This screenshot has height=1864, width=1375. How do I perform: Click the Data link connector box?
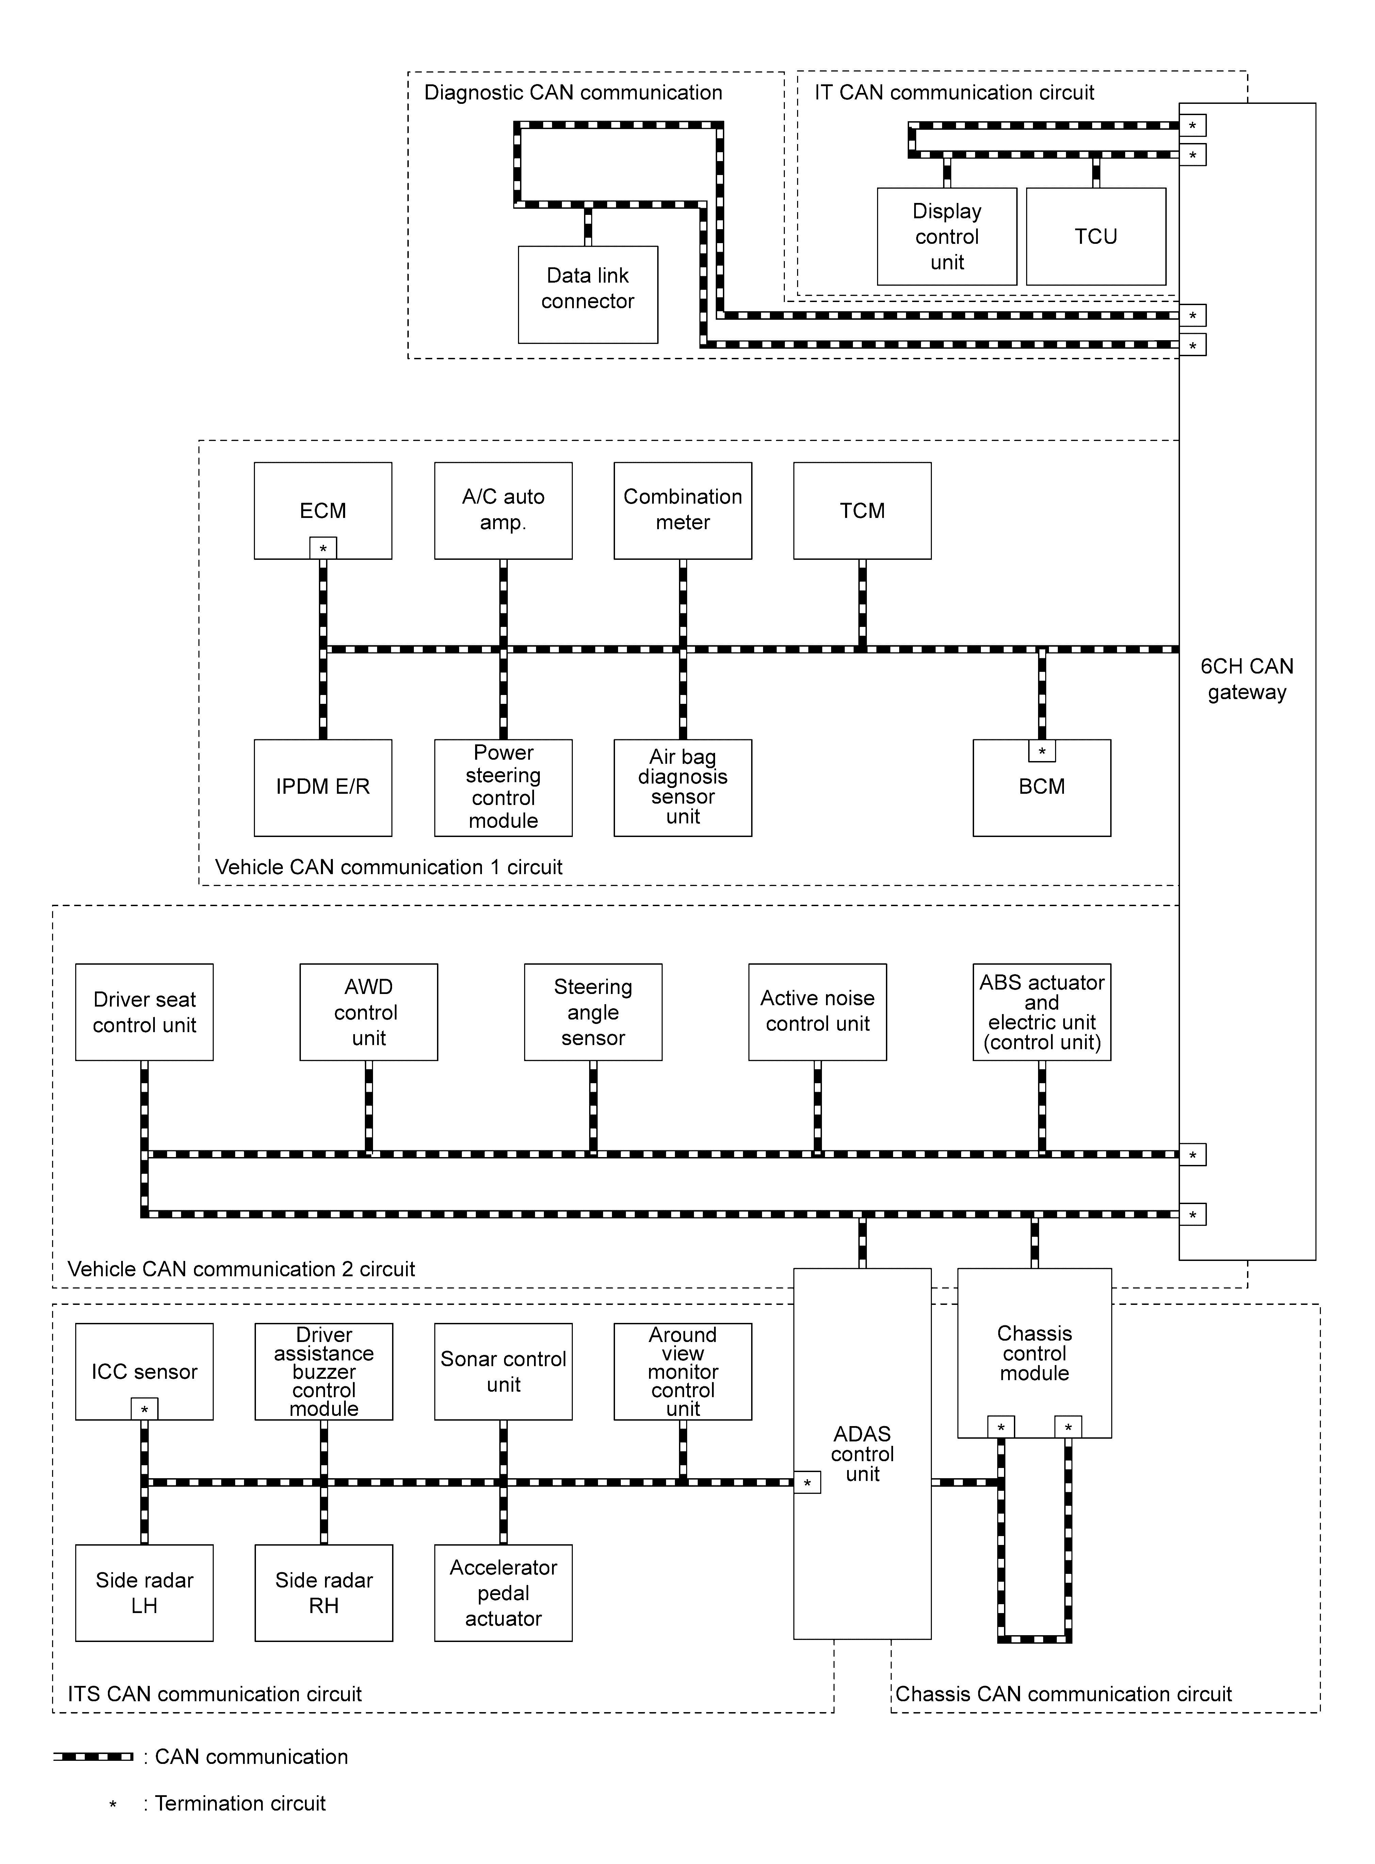[x=588, y=295]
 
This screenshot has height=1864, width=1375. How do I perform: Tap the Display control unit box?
[x=947, y=236]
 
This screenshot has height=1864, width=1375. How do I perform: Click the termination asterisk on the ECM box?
[x=323, y=549]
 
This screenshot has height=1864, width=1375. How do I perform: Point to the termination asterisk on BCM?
[x=1042, y=751]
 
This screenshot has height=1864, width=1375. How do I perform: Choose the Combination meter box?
[x=682, y=510]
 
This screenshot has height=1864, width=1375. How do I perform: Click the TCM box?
[x=862, y=510]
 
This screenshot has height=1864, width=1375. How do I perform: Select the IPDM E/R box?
[x=323, y=788]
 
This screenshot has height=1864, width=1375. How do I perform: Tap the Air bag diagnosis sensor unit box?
[x=682, y=788]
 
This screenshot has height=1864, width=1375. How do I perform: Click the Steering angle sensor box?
[x=593, y=1012]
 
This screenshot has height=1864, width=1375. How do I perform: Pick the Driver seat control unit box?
[x=144, y=1012]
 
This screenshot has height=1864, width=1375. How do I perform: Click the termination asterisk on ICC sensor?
[x=144, y=1409]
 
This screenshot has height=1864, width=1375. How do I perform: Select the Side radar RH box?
[x=324, y=1593]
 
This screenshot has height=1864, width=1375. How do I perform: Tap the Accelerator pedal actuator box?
[x=504, y=1593]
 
